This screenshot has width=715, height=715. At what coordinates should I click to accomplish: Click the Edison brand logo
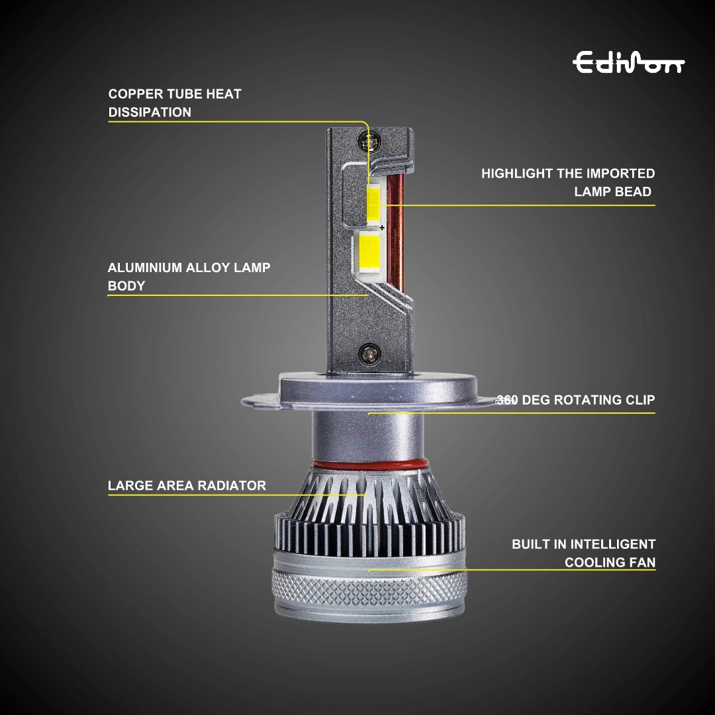coord(628,63)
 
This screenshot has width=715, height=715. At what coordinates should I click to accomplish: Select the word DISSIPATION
coord(150,113)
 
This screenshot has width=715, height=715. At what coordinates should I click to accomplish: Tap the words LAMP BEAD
coord(613,192)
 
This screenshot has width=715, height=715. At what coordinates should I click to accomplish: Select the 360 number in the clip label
coord(507,401)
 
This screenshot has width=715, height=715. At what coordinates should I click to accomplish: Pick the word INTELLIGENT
coord(613,545)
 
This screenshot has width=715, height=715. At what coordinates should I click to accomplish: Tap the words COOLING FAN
coord(610,563)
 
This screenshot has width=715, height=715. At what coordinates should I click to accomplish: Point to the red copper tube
coord(395,232)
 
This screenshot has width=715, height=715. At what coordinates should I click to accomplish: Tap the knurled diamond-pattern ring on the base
coord(369,589)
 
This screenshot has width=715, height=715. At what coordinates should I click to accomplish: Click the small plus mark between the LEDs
coord(382,228)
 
